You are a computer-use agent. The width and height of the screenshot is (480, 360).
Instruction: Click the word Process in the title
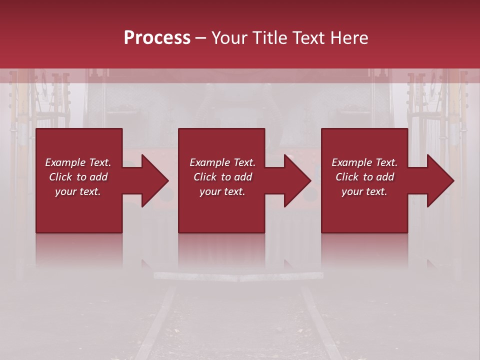157,38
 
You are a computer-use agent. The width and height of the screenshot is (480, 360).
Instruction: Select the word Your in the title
229,38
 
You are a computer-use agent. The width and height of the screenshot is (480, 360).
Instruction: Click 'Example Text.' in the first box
78,162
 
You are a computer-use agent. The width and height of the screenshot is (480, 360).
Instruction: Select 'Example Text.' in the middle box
222,162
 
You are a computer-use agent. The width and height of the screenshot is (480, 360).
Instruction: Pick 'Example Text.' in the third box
364,162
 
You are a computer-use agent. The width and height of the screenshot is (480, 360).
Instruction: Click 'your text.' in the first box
78,191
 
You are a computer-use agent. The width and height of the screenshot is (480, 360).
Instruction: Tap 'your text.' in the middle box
222,191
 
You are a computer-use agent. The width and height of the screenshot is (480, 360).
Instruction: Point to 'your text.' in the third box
364,191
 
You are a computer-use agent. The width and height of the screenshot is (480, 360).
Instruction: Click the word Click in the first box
60,177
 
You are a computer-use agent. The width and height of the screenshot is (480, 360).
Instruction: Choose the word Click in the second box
205,177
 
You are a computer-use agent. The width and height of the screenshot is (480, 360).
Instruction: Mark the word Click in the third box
347,177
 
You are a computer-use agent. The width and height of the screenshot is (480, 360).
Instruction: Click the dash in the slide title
201,38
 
